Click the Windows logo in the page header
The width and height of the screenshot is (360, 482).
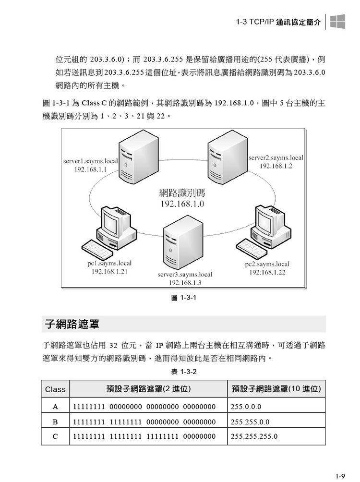tap(337, 22)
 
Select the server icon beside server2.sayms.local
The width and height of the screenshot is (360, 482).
tap(227, 157)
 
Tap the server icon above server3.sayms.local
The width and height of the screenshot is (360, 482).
tap(183, 244)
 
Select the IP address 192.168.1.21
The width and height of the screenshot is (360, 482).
tap(109, 271)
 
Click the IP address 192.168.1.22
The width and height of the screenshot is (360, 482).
tap(267, 272)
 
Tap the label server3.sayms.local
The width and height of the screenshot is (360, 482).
tap(185, 275)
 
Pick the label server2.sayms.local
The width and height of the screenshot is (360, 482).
tap(276, 158)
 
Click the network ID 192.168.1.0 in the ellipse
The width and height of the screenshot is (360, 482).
tap(182, 204)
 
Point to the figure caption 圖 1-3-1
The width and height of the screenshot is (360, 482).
tap(183, 298)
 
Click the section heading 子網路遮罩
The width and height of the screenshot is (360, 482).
tap(72, 324)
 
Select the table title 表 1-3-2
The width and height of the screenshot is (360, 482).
tap(183, 372)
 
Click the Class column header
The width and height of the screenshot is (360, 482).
tap(55, 389)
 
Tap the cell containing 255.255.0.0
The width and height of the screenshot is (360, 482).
tap(276, 422)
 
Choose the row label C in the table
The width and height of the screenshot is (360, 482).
tap(55, 436)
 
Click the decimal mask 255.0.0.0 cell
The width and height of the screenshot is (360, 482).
tap(276, 407)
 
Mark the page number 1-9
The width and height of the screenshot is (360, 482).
tap(340, 476)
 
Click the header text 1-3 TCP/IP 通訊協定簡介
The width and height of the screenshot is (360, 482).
tap(278, 22)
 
